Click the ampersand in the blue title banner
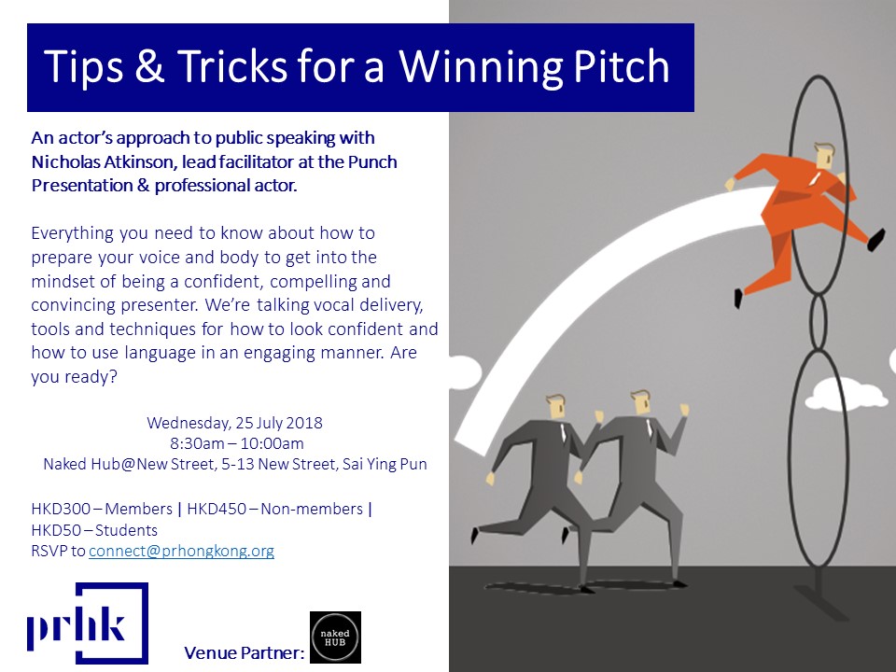(149, 65)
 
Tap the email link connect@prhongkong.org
(181, 551)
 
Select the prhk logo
(88, 623)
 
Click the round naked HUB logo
(335, 637)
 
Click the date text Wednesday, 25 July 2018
(234, 423)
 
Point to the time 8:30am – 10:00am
(236, 443)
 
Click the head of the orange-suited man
(824, 156)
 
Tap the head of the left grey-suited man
(556, 406)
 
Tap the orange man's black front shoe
(876, 240)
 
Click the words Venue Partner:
(244, 652)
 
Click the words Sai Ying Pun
(385, 464)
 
